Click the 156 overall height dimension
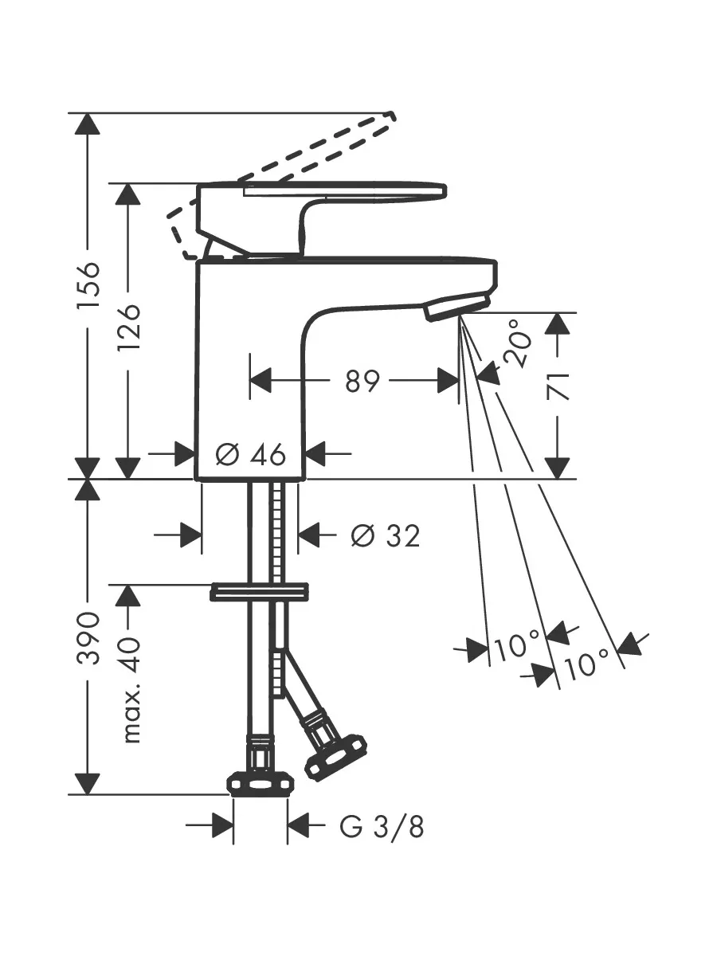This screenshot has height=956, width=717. tap(88, 285)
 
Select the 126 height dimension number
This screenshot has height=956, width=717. tap(128, 327)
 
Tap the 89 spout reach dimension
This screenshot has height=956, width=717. tap(362, 381)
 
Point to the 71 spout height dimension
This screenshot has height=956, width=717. tap(558, 386)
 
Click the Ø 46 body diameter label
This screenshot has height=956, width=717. tap(251, 455)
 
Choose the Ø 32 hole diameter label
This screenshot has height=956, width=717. tap(386, 535)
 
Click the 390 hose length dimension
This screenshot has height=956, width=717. tap(88, 637)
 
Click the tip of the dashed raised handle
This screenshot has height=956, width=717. tap(390, 116)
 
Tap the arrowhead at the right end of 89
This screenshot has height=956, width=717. tap(449, 381)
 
